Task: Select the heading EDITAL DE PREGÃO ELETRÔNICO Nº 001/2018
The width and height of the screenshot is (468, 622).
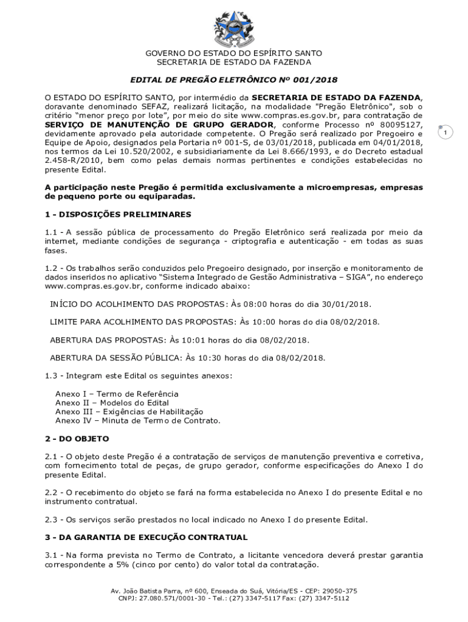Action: point(234,80)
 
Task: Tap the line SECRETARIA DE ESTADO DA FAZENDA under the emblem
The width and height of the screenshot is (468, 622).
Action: point(234,62)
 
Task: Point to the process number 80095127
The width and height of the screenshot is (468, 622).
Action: point(398,125)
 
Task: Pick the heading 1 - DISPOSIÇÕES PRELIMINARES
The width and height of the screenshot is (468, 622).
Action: point(118,214)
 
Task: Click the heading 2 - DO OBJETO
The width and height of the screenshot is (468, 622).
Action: point(77,439)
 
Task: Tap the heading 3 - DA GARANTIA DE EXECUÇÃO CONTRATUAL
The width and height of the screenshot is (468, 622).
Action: point(146,538)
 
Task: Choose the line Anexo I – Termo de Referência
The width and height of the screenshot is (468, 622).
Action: point(117,394)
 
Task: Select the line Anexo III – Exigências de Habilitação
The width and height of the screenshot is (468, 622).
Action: point(129,411)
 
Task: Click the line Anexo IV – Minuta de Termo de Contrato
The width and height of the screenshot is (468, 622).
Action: point(137,420)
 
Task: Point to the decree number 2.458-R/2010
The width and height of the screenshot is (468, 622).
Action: point(66,161)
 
